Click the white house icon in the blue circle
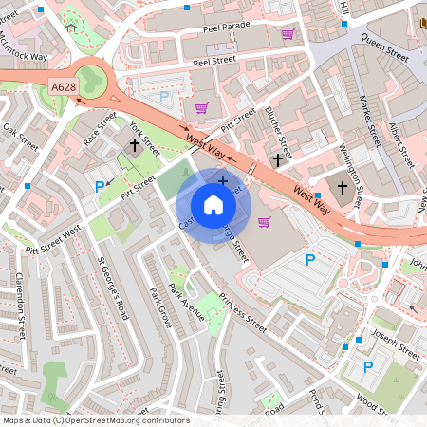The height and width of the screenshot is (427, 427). coord(213,204)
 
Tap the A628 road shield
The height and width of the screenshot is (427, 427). coord(63,87)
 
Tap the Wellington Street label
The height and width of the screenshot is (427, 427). coord(352,169)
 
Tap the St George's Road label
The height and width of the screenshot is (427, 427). coord(112,285)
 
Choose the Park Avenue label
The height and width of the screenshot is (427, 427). coord(186,301)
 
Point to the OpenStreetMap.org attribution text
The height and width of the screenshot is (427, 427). coord(95,420)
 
